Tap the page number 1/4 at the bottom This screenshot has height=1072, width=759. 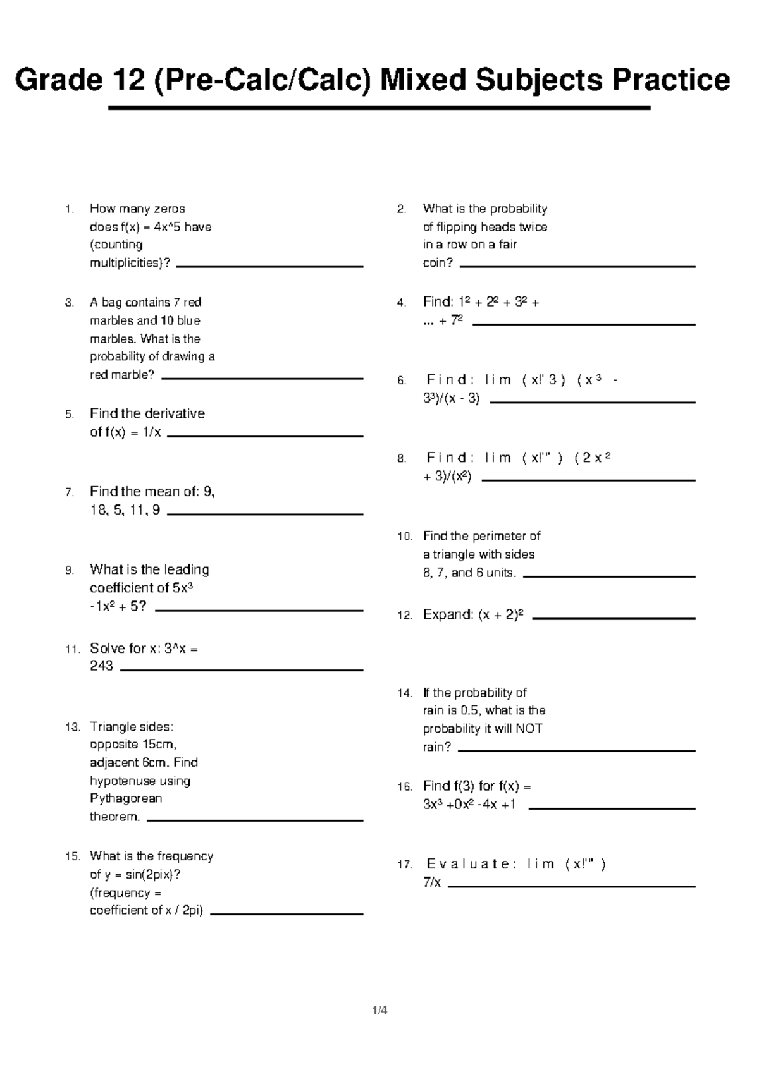[379, 1010]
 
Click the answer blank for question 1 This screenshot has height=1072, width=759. [269, 267]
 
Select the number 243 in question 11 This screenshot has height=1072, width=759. [101, 666]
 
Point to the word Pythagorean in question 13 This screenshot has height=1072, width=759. [126, 798]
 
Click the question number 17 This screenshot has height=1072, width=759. [405, 865]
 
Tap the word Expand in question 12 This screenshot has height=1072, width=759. [448, 614]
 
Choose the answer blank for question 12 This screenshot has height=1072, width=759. [614, 618]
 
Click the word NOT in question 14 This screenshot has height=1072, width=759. [529, 728]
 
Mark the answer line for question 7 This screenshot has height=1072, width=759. [264, 514]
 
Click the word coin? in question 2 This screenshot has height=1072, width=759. [438, 263]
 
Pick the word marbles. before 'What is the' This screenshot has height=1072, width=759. [113, 339]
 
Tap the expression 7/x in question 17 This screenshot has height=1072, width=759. [432, 882]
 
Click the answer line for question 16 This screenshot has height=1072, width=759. [612, 808]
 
